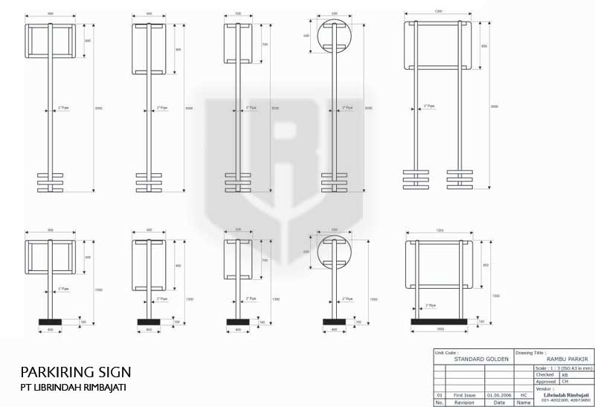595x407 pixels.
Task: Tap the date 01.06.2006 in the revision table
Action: pos(498,395)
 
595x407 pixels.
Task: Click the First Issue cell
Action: pos(465,395)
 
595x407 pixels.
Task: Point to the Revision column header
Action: pos(465,402)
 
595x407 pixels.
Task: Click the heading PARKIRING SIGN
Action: pos(76,371)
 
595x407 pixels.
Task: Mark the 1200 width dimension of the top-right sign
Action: pos(439,12)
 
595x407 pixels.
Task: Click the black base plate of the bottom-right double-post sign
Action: pos(439,321)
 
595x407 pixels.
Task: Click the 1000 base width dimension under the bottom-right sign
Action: pos(439,329)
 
